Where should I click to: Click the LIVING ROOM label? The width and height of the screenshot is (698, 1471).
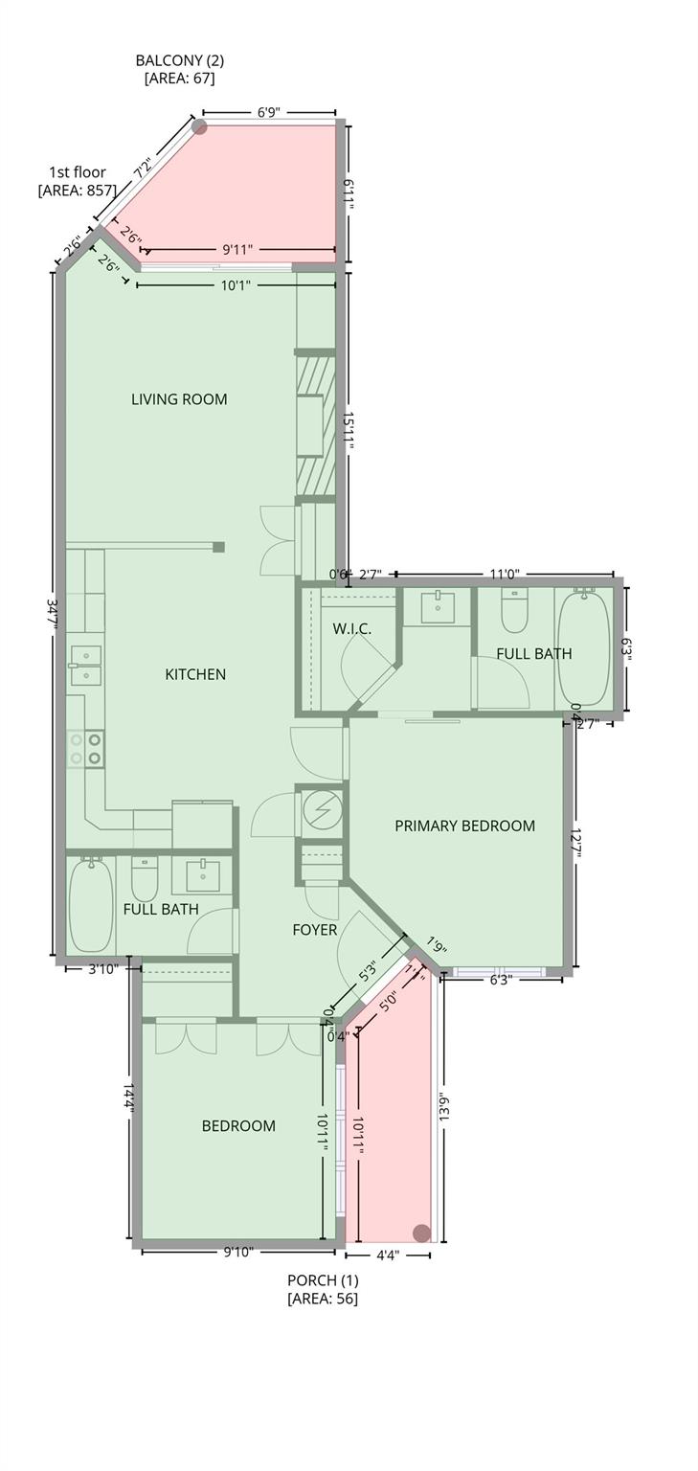[x=179, y=399]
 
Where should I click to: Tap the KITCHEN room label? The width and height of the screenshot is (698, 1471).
[x=195, y=674]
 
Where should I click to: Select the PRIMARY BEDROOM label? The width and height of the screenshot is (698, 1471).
[x=464, y=826]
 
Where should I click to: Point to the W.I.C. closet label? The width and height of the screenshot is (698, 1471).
[x=351, y=629]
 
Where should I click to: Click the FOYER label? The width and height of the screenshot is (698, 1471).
[x=314, y=929]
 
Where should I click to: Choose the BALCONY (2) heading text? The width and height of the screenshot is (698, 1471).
[x=179, y=60]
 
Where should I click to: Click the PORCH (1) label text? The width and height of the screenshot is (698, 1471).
[x=323, y=1280]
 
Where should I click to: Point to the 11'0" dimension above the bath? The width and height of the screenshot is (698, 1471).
[x=504, y=575]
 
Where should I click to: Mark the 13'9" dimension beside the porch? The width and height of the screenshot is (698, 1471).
[x=444, y=1115]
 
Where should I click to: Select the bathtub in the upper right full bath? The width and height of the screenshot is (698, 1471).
[x=583, y=649]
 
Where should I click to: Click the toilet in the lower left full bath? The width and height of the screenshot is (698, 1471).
[x=145, y=876]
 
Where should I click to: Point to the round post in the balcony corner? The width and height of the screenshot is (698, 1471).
[x=199, y=126]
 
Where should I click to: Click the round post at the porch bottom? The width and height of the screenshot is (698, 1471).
[x=420, y=1233]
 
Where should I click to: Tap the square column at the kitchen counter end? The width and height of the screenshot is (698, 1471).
[x=218, y=547]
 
